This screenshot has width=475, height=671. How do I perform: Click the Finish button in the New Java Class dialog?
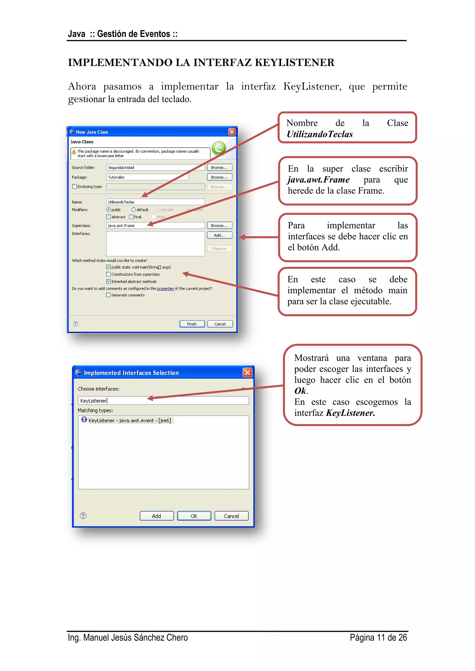[192, 324]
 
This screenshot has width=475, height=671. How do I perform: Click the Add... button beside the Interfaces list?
[219, 235]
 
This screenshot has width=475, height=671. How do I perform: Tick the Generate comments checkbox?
[109, 295]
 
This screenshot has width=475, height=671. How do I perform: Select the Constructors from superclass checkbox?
[109, 274]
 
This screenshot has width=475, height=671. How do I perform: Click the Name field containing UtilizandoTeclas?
[155, 202]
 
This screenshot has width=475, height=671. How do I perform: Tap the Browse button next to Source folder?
[219, 168]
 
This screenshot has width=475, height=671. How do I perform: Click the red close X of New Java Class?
[232, 132]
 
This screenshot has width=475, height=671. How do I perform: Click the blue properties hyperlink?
[165, 289]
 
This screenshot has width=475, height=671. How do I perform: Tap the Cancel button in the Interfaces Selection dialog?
[231, 516]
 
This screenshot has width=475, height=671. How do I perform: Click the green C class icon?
[219, 148]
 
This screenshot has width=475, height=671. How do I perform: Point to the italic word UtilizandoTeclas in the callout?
[320, 134]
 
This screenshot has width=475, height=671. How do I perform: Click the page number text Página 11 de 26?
[378, 637]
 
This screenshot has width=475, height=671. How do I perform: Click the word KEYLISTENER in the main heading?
[295, 63]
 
